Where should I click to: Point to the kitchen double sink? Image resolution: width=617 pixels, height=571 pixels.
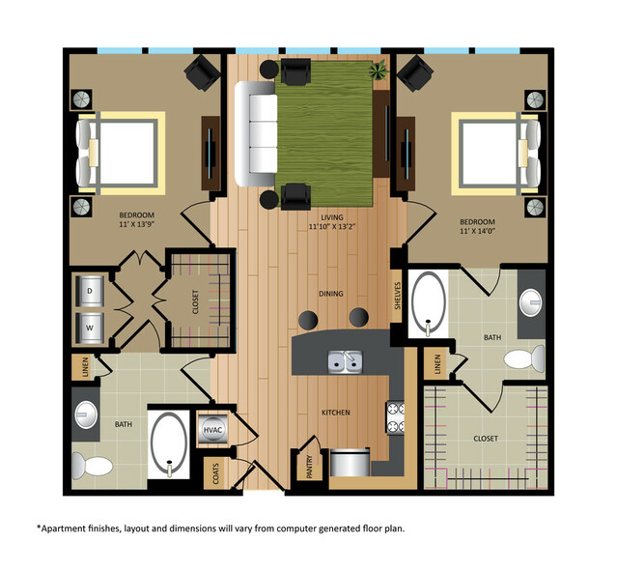(x=344, y=361)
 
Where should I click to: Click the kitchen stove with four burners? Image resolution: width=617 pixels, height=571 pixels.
(x=395, y=417)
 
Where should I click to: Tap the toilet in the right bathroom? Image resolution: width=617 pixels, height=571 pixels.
(x=521, y=359)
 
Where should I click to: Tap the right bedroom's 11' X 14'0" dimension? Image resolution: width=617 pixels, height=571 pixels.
(x=484, y=228)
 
